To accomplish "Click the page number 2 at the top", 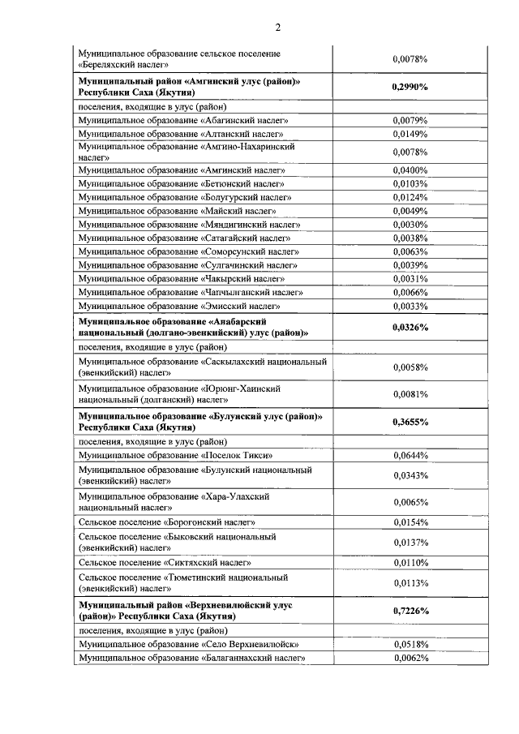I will point(277,28).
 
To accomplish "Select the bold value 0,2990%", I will point(410,86).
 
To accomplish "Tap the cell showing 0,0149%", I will point(410,133).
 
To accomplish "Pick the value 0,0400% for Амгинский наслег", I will point(410,170).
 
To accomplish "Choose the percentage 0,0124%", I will point(410,197).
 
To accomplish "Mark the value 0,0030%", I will point(410,224).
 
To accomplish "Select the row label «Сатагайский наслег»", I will point(183,238).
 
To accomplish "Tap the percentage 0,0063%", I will point(410,251).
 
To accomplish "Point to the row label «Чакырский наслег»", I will point(181,278).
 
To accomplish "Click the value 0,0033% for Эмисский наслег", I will point(410,306).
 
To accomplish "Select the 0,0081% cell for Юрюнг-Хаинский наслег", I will point(410,394).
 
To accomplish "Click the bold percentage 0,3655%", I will point(410,422).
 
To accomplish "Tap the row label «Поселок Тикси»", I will point(174,456).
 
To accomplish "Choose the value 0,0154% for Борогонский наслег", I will point(410,522).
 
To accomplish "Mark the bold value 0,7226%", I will point(410,611).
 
